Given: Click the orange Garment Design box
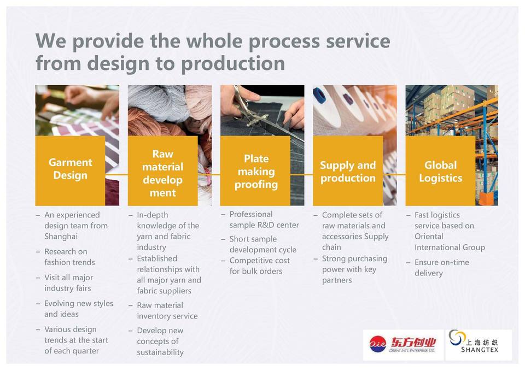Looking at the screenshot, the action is click(70, 170).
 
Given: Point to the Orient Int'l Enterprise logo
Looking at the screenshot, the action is click(403, 344).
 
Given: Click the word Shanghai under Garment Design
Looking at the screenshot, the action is click(61, 237).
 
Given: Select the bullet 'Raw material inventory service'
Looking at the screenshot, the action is click(167, 310).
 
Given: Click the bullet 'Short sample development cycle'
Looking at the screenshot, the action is click(262, 244).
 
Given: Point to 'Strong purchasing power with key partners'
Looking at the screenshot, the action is click(354, 269).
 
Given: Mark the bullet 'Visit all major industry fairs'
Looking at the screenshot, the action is click(68, 283).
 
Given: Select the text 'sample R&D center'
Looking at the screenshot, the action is click(264, 225).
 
